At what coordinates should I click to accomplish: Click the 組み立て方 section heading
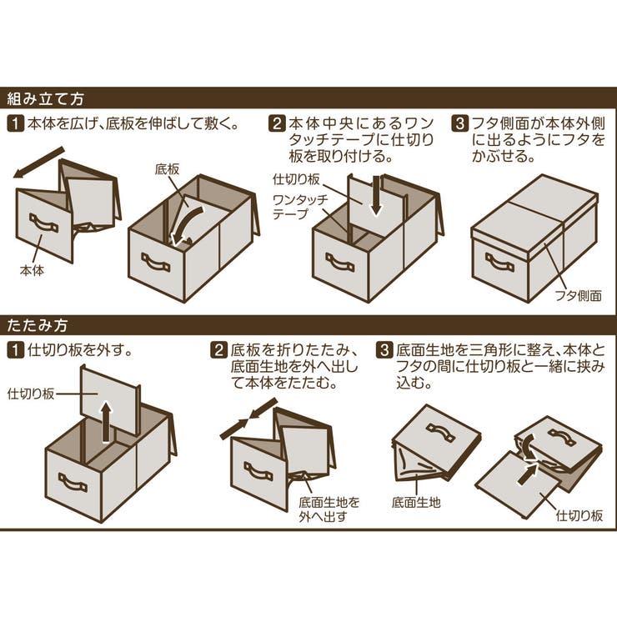click(x=46, y=98)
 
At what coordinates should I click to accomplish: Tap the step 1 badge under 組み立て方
click(x=15, y=125)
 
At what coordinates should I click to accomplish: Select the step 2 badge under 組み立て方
click(x=278, y=125)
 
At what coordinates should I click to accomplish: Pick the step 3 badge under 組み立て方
click(x=460, y=125)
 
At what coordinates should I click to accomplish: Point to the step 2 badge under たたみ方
click(x=218, y=349)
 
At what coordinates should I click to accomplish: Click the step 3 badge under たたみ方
click(x=384, y=349)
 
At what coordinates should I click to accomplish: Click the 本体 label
click(x=32, y=270)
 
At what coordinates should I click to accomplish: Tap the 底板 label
click(x=167, y=169)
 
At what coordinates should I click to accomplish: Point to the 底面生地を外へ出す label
click(x=330, y=509)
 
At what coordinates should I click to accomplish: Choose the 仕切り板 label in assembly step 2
click(x=295, y=178)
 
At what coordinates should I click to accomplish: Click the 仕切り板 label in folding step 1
click(x=31, y=393)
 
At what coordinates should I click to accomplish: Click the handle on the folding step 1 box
click(x=72, y=481)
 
